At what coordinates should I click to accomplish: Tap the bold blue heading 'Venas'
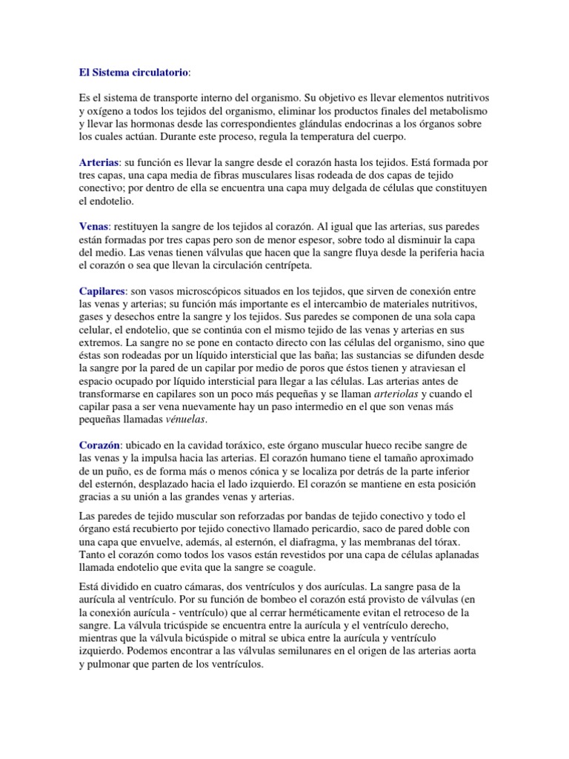coord(93,226)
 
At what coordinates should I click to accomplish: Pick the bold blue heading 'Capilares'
coord(102,291)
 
